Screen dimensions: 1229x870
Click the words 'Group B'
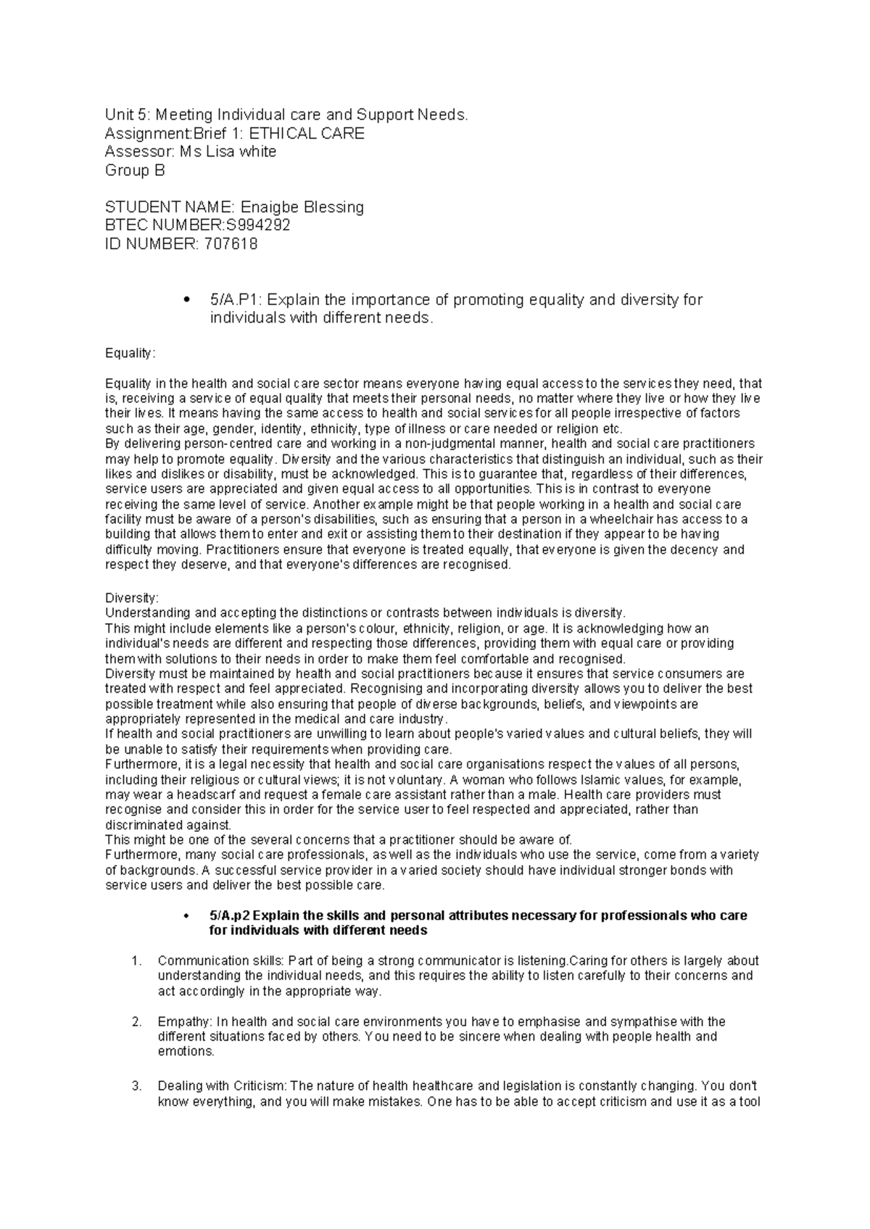135,171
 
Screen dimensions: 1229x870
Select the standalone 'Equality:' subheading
130,353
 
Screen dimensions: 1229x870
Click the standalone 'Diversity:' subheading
131,598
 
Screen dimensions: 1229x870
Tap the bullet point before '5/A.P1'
186,301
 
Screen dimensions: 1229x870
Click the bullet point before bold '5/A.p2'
187,916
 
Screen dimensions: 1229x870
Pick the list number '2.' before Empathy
136,1022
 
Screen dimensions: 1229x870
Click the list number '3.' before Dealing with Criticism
136,1086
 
